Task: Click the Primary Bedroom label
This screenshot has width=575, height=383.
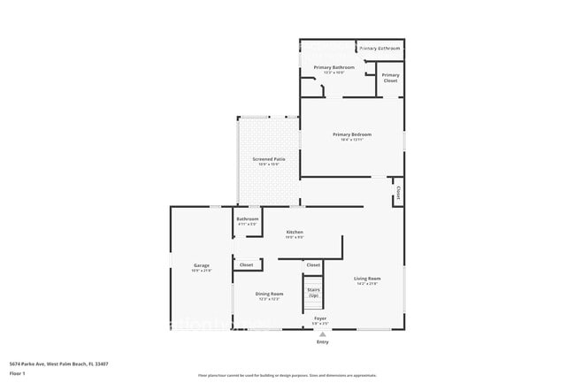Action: [352, 134]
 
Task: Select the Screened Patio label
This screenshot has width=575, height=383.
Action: [269, 159]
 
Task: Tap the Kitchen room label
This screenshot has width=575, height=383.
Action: [295, 232]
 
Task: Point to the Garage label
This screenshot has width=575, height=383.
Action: [202, 265]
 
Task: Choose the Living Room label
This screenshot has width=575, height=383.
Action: [366, 278]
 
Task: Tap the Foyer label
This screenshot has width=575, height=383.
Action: [320, 318]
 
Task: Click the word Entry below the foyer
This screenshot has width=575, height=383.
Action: [322, 341]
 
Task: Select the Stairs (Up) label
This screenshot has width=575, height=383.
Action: [313, 292]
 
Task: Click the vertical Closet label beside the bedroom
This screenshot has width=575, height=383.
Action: [398, 190]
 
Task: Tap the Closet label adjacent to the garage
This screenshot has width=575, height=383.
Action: [246, 264]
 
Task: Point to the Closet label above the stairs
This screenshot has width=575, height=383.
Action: [313, 264]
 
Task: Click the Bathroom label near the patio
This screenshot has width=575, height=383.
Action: [248, 218]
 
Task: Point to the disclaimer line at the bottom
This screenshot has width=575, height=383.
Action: [287, 376]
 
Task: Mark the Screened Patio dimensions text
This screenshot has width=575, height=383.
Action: [269, 165]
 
